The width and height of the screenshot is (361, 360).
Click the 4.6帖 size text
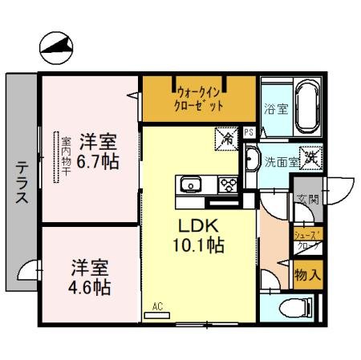pyautogui.click(x=90, y=286)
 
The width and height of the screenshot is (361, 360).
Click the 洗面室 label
pyautogui.click(x=282, y=160)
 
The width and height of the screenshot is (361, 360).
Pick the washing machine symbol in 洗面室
pyautogui.click(x=310, y=158)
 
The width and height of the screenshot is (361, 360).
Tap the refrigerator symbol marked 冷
pyautogui.click(x=227, y=139)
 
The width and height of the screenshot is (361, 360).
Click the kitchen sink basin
pyautogui.click(x=193, y=185)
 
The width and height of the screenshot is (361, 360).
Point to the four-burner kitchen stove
pyautogui.click(x=227, y=185)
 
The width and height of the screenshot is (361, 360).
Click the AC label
pyautogui.click(x=157, y=305)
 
